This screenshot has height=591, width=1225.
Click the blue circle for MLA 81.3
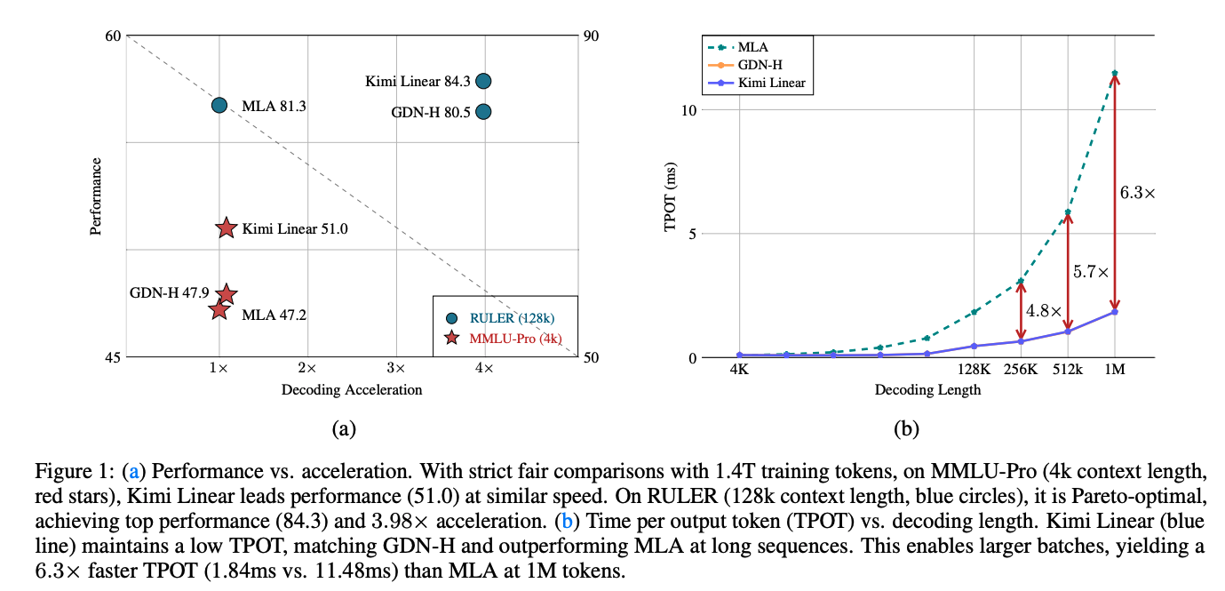(219, 105)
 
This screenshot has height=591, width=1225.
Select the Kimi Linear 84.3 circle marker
(483, 81)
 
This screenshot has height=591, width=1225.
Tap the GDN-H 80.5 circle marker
(483, 111)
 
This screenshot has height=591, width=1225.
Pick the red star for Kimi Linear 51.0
(226, 228)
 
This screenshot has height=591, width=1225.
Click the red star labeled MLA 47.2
(219, 309)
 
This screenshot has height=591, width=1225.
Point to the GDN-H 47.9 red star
(226, 294)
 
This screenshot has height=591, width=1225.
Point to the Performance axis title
(96, 196)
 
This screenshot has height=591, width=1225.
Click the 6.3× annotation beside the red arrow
(1137, 192)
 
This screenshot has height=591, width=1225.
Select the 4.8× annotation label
(1045, 311)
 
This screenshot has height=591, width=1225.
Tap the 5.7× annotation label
(1091, 273)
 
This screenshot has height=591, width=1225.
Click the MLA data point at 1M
(1115, 73)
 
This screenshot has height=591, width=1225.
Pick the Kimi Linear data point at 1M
(1115, 312)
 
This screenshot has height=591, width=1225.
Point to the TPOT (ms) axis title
(672, 196)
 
